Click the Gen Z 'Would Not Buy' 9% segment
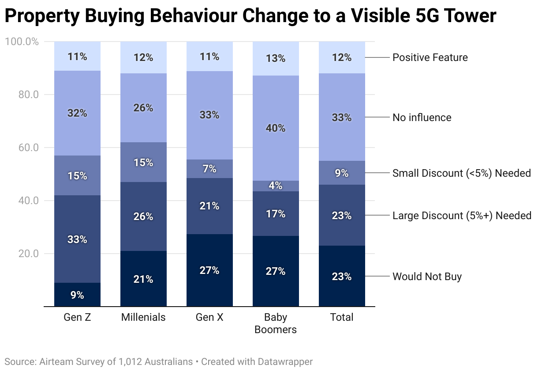point(77,294)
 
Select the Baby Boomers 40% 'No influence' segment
point(276,128)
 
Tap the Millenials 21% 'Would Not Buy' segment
point(143,279)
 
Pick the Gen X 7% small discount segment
point(209,169)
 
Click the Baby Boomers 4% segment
point(276,186)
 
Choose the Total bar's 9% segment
point(342,173)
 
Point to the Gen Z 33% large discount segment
point(77,239)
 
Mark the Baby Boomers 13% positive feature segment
point(276,58)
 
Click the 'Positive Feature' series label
point(430,57)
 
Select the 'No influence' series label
point(422,118)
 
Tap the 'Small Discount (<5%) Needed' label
point(462,173)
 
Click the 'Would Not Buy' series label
point(427,277)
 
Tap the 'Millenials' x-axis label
point(143,317)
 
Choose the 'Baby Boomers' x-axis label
point(276,323)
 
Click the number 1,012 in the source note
point(131,361)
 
